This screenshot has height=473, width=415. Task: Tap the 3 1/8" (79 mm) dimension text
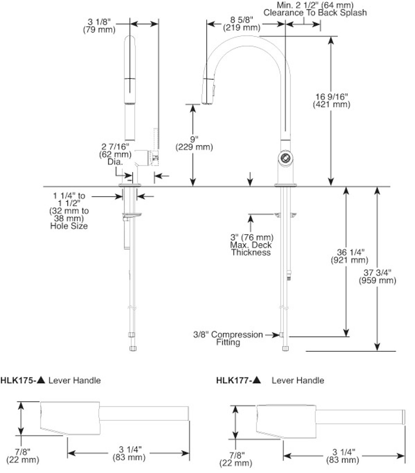(x=99, y=26)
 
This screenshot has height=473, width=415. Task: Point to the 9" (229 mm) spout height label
(x=194, y=143)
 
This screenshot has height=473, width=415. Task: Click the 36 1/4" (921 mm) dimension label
(x=349, y=256)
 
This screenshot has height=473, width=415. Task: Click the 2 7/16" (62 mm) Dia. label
(x=115, y=154)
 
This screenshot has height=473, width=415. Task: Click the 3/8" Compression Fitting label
(x=228, y=338)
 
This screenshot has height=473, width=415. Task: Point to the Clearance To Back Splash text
(x=315, y=13)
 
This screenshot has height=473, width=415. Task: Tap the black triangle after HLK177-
(x=257, y=380)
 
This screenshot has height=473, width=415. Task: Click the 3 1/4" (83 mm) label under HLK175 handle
(x=128, y=453)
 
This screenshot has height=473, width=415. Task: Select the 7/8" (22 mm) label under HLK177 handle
(x=235, y=459)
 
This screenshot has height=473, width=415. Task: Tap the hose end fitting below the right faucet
(x=285, y=348)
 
